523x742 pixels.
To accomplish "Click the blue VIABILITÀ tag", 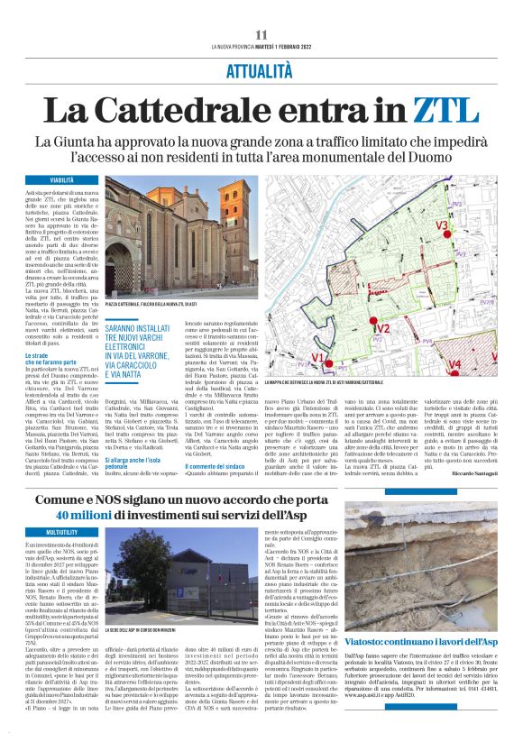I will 62,180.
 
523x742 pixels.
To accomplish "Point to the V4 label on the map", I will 454,366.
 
